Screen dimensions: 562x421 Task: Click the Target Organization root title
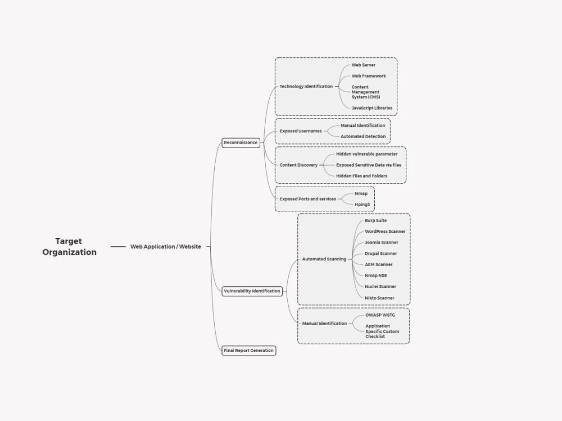pyautogui.click(x=69, y=246)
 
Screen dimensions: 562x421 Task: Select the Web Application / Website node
pyautogui.click(x=166, y=246)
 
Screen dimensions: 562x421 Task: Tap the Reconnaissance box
pyautogui.click(x=241, y=143)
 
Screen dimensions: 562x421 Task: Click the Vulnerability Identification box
pyautogui.click(x=252, y=291)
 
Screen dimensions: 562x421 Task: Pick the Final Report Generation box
pyautogui.click(x=249, y=350)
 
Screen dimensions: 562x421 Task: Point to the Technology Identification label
pyautogui.click(x=306, y=86)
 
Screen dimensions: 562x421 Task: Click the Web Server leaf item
pyautogui.click(x=364, y=65)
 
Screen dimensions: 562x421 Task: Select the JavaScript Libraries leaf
pyautogui.click(x=371, y=108)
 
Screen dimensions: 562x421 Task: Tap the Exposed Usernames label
pyautogui.click(x=301, y=131)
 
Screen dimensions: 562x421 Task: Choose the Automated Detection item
pyautogui.click(x=363, y=136)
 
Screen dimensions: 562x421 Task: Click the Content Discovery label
pyautogui.click(x=298, y=165)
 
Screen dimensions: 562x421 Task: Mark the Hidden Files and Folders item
pyautogui.click(x=361, y=176)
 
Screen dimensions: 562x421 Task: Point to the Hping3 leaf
pyautogui.click(x=362, y=205)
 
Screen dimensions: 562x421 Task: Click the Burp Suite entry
pyautogui.click(x=375, y=221)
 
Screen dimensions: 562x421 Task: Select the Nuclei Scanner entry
pyautogui.click(x=380, y=287)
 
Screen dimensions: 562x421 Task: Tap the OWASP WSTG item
pyautogui.click(x=380, y=315)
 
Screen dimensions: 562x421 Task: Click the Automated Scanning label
pyautogui.click(x=324, y=259)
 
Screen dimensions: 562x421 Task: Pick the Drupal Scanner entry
pyautogui.click(x=380, y=254)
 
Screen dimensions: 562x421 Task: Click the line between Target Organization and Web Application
pyautogui.click(x=118, y=246)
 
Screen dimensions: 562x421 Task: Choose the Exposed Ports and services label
pyautogui.click(x=308, y=199)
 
